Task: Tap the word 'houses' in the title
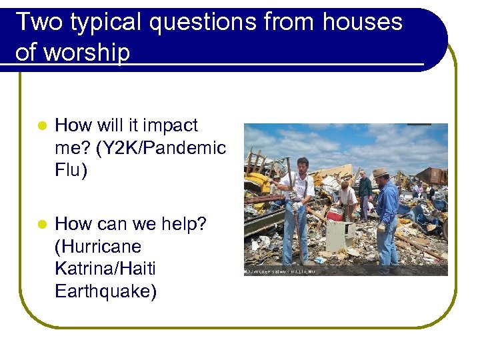pos(363,22)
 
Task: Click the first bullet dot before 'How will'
pos(41,126)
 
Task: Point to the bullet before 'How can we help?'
pos(41,225)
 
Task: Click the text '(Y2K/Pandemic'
pos(141,148)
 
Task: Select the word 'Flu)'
pos(71,170)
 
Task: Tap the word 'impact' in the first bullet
pos(170,125)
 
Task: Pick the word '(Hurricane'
pos(98,247)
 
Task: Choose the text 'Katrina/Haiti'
pos(105,269)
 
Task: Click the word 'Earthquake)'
pos(106,292)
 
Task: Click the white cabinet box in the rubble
pos(339,236)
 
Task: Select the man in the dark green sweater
pos(365,189)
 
